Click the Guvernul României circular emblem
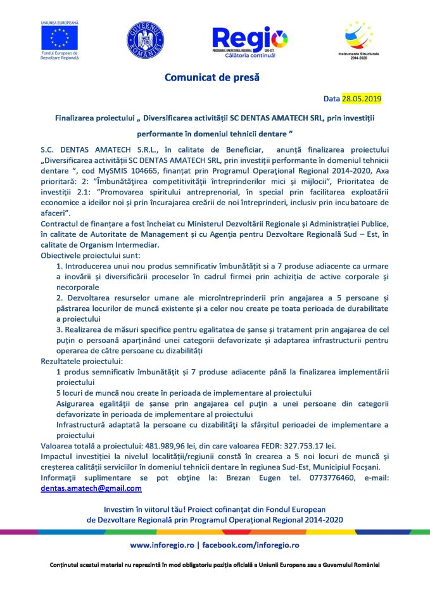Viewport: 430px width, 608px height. click(x=145, y=38)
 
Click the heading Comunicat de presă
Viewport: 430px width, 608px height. click(x=212, y=78)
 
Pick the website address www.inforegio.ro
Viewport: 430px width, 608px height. click(x=161, y=545)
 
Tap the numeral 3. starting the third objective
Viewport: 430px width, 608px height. click(x=60, y=329)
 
